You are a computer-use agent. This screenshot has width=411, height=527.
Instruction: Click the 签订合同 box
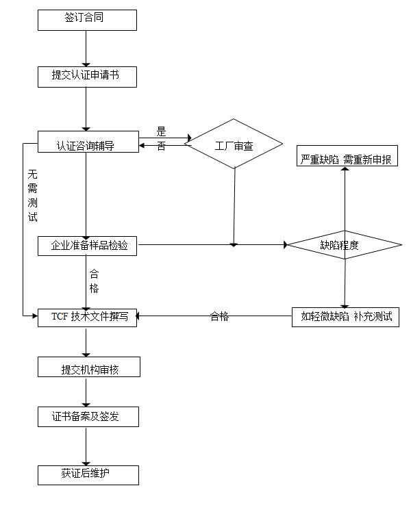(x=87, y=20)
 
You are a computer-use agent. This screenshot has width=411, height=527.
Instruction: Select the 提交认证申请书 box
(x=87, y=76)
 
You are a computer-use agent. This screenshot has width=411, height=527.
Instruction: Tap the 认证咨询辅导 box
(x=87, y=146)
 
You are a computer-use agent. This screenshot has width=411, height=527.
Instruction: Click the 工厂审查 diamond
(x=234, y=145)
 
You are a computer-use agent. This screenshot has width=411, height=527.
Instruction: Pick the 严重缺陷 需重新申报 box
(x=347, y=159)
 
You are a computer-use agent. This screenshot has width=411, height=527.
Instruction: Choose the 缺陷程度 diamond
(x=344, y=245)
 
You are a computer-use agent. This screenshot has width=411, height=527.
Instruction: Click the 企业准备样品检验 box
(x=87, y=245)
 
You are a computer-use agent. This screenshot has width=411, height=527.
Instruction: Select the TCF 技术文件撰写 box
(x=87, y=316)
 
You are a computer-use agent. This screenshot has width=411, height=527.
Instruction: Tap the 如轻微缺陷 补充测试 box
(x=346, y=316)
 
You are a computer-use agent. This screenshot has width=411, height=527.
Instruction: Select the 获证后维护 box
(x=88, y=474)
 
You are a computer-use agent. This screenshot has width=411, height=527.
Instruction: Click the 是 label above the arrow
(x=162, y=131)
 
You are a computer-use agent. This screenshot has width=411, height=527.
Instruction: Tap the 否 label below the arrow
(x=162, y=147)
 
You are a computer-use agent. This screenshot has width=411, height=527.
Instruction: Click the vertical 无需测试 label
(x=32, y=196)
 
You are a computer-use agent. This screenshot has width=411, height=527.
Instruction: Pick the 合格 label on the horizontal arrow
(x=219, y=316)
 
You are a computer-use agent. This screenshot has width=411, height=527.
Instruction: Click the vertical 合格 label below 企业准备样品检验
(x=94, y=281)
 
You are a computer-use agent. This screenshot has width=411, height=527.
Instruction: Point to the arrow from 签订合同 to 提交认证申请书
(x=87, y=48)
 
